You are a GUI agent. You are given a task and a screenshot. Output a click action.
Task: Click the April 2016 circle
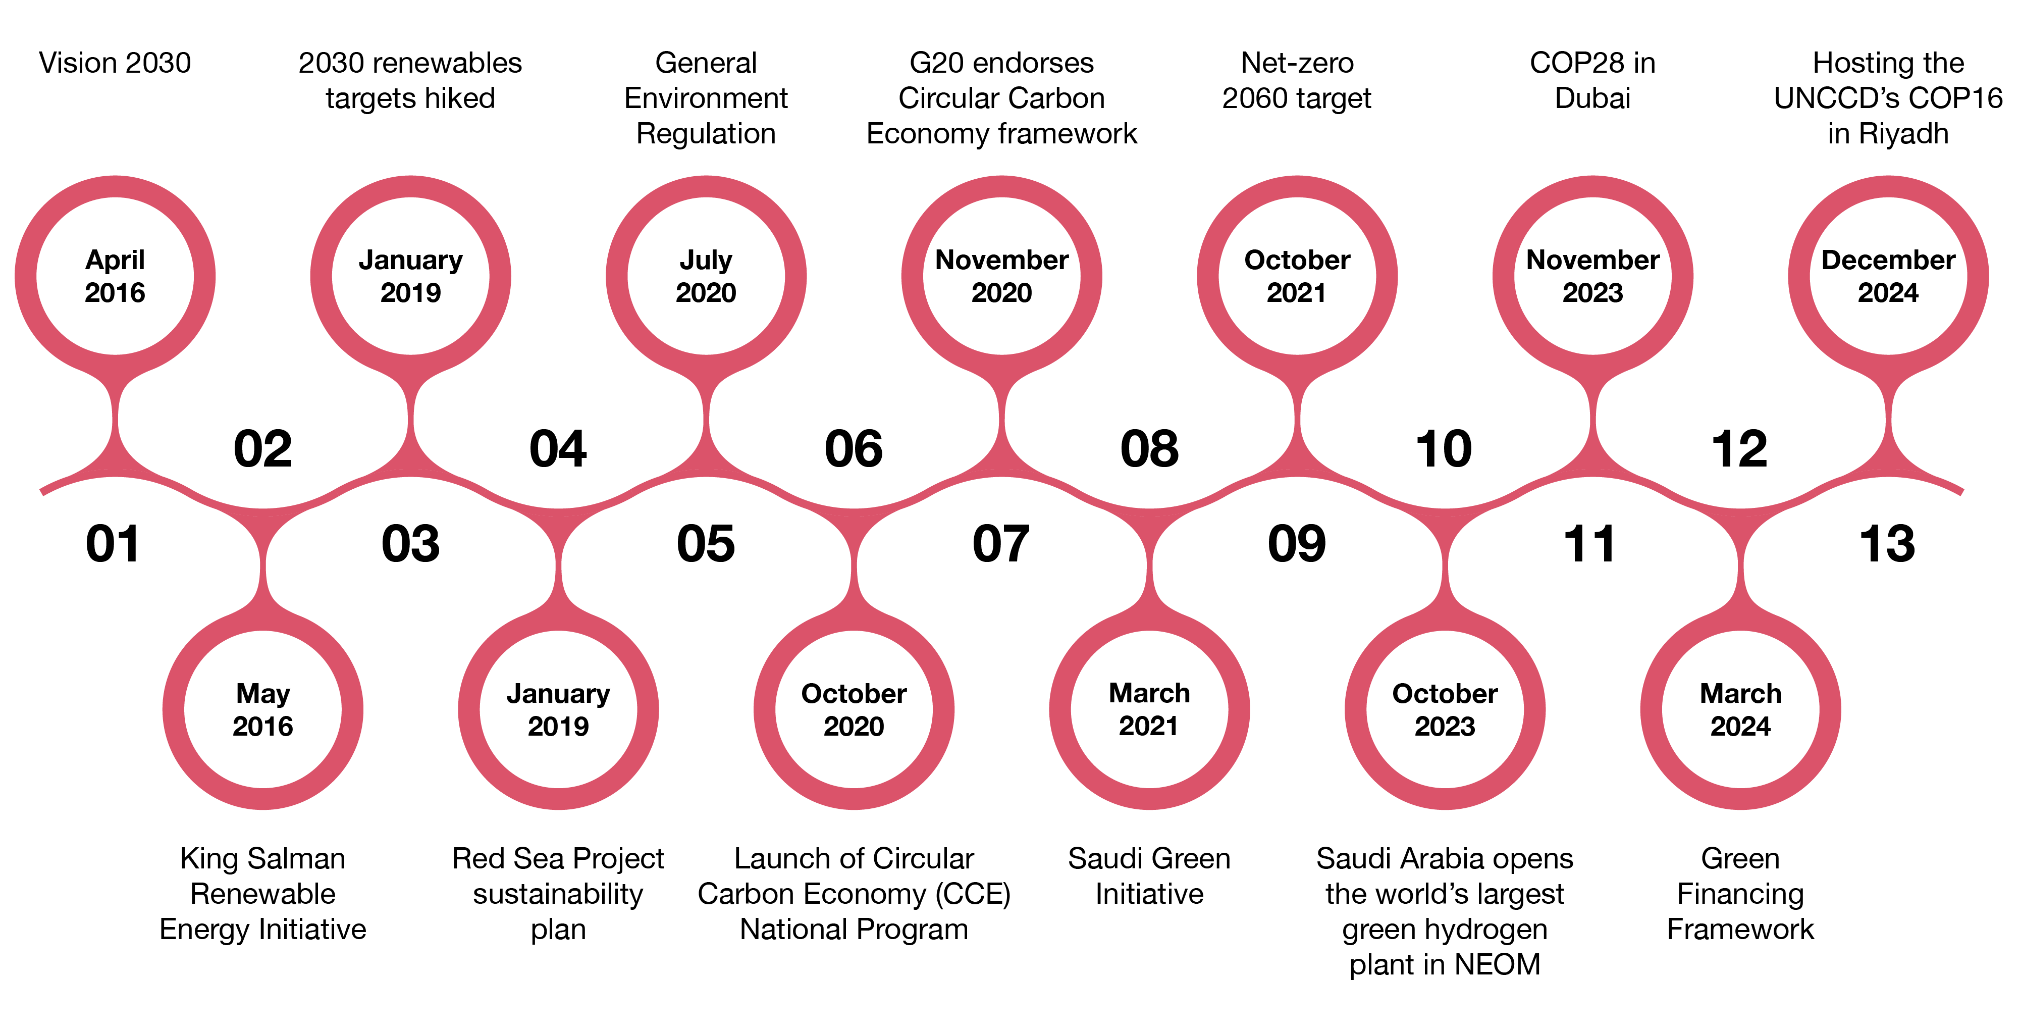tap(115, 276)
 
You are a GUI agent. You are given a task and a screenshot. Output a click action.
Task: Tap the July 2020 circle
tap(706, 276)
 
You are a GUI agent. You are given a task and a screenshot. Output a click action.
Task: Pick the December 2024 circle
tap(1888, 276)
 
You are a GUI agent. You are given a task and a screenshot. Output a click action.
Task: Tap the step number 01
tap(114, 543)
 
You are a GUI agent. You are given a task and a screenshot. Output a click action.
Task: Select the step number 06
tap(854, 449)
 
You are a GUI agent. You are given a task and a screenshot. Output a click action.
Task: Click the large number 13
tap(1887, 543)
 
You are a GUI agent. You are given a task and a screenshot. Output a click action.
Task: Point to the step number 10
tap(1444, 449)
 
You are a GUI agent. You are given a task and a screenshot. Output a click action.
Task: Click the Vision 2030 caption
tap(115, 63)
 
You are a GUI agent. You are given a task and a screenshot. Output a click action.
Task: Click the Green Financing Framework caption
tap(1740, 894)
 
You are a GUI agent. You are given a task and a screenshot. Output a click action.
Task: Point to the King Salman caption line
tap(262, 858)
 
